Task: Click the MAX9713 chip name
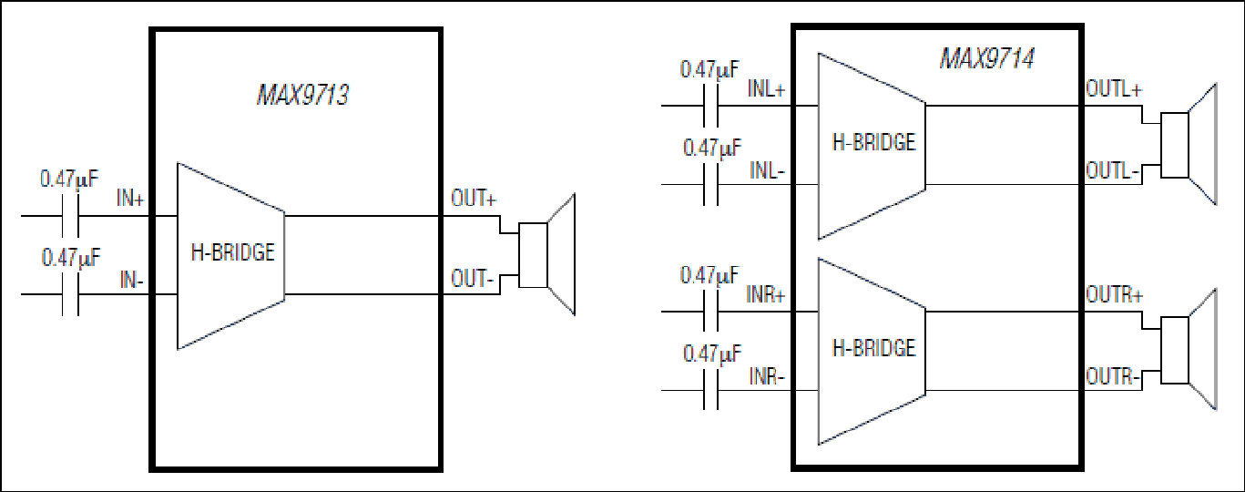[x=303, y=95]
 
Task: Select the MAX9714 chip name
[x=986, y=58]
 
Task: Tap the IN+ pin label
[x=130, y=198]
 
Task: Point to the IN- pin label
[x=132, y=280]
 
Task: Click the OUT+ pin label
[x=474, y=198]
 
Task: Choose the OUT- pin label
[x=472, y=279]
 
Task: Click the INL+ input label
[x=767, y=88]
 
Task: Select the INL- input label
[x=767, y=170]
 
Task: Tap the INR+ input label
[x=766, y=294]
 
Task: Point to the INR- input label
[x=767, y=376]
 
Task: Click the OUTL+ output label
[x=1114, y=89]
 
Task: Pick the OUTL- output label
[x=1112, y=170]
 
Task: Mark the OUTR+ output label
[x=1115, y=294]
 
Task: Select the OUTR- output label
[x=1113, y=376]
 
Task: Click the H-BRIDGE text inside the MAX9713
[x=233, y=253]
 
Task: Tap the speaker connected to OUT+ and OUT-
[x=547, y=254]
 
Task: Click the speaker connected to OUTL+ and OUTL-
[x=1189, y=145]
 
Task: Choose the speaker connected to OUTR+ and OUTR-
[x=1189, y=350]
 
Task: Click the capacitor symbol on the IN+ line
[x=70, y=216]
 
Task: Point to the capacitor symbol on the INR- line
[x=711, y=390]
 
